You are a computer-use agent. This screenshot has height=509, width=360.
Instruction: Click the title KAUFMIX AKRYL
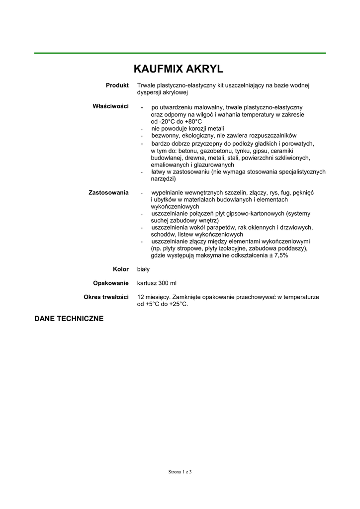coord(180,69)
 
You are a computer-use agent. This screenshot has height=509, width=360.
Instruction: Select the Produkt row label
coord(117,85)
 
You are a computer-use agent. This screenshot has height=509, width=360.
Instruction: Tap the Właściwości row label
coord(111,106)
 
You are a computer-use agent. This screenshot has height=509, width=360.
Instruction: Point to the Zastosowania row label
coord(109,192)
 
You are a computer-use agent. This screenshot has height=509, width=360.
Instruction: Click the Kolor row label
coord(121,269)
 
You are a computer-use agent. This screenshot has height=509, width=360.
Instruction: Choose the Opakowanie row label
coord(111,283)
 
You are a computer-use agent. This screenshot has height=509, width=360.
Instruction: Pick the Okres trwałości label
coord(106,297)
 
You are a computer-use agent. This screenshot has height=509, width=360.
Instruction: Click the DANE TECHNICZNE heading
coord(69,319)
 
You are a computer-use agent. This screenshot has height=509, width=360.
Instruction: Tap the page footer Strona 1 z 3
coord(180,472)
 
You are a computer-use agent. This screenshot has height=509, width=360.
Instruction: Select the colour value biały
coord(143,269)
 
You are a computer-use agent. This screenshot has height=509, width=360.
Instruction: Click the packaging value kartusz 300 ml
coord(157,283)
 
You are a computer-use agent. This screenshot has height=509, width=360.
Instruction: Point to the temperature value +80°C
coord(193,121)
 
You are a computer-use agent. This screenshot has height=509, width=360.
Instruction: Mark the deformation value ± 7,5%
coord(277,255)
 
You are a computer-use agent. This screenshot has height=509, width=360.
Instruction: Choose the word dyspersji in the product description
coord(150,92)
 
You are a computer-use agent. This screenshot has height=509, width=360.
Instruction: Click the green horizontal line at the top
coord(180,53)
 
